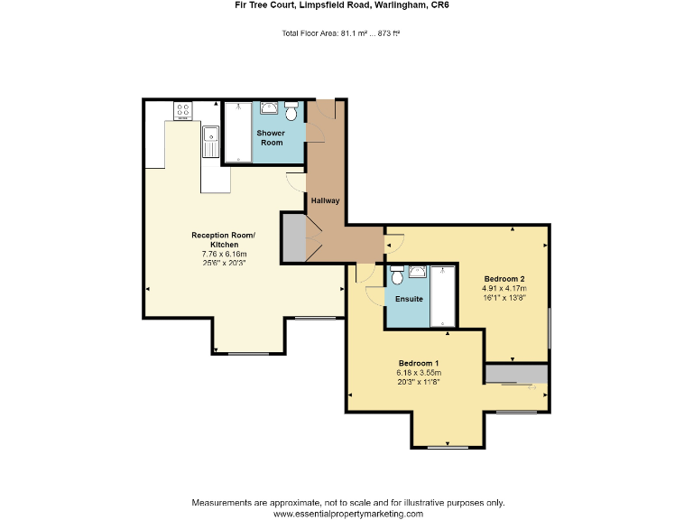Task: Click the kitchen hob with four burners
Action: pyautogui.click(x=182, y=110)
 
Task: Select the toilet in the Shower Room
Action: pyautogui.click(x=291, y=115)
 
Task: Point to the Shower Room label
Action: pyautogui.click(x=272, y=137)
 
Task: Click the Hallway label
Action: pyautogui.click(x=325, y=200)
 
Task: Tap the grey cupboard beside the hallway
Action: pyautogui.click(x=293, y=237)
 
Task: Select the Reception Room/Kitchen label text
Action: pyautogui.click(x=223, y=240)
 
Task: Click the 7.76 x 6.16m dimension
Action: pyautogui.click(x=223, y=255)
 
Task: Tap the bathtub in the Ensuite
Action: pyautogui.click(x=444, y=296)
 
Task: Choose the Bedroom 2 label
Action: pyautogui.click(x=504, y=278)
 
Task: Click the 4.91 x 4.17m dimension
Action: pyautogui.click(x=504, y=288)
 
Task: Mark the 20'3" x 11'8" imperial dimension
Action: pyautogui.click(x=419, y=382)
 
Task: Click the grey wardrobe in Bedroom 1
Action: pyautogui.click(x=516, y=374)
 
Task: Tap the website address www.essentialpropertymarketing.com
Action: pyautogui.click(x=347, y=513)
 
